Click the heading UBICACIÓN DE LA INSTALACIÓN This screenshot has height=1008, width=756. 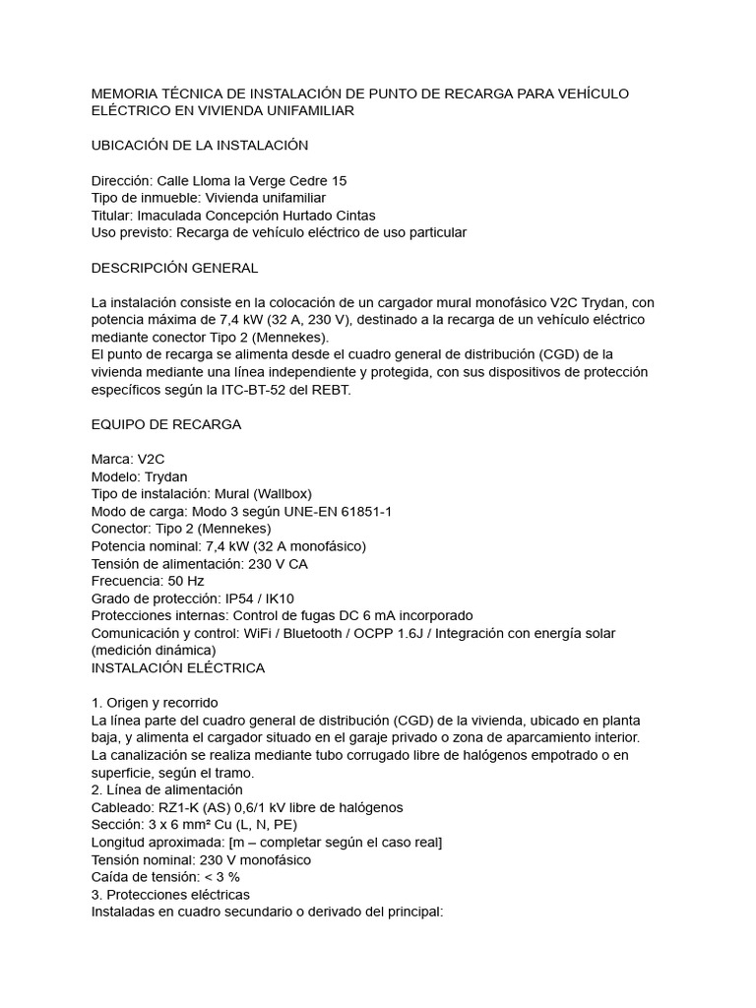point(199,146)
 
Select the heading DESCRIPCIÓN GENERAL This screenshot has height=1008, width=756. point(174,268)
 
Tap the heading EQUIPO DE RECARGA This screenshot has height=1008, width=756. point(165,424)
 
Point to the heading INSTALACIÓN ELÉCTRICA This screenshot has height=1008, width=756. point(177,667)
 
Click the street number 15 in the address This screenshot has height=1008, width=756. point(338,181)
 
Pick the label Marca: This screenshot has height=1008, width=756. point(112,459)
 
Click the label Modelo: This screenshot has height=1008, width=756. point(115,476)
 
